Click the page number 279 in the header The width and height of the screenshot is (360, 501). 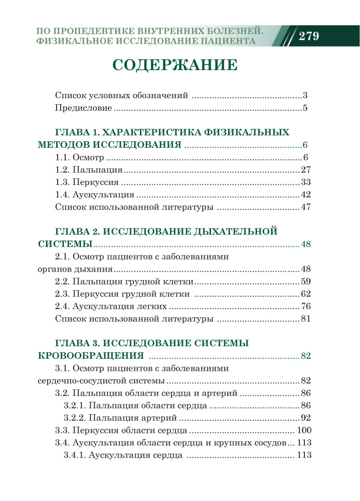[x=308, y=37]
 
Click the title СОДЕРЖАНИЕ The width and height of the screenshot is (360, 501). [x=174, y=65]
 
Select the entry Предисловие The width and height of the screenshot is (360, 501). [x=83, y=108]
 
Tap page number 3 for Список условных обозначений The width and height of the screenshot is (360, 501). [x=304, y=95]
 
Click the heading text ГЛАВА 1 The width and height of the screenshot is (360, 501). [x=77, y=132]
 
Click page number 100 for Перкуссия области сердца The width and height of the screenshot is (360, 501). [x=304, y=430]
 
